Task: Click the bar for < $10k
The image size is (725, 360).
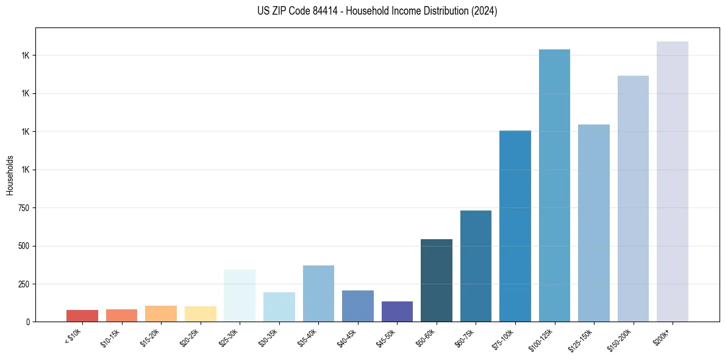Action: [82, 315]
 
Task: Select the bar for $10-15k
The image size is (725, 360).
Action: [121, 315]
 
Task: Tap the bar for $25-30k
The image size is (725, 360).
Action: [240, 295]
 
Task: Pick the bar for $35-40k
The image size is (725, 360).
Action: [318, 293]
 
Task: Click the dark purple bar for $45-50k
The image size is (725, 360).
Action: [397, 311]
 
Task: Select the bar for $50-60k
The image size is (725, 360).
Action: [437, 280]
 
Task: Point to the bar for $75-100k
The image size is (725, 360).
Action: [515, 226]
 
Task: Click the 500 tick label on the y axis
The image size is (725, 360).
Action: [24, 246]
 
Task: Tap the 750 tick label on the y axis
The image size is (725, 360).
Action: [24, 208]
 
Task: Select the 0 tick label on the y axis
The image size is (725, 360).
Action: [28, 322]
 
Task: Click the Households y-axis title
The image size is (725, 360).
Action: [10, 175]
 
